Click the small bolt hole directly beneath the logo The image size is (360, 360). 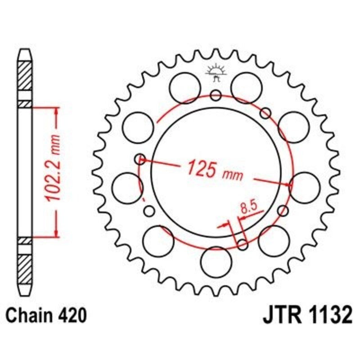click(x=216, y=95)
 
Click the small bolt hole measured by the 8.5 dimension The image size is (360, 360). click(x=243, y=244)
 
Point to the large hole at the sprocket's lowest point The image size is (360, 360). click(x=216, y=262)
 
